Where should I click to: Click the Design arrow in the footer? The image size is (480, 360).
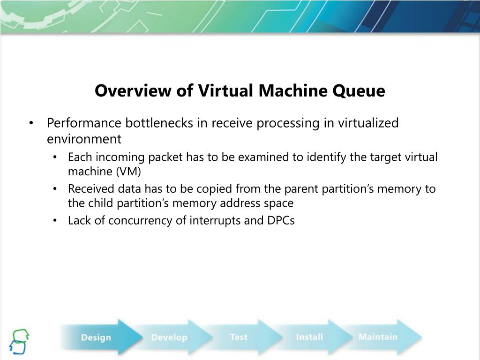(96, 337)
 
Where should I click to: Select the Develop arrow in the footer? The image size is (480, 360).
(169, 337)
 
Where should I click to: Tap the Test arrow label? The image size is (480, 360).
(239, 337)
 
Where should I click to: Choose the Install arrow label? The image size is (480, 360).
(309, 337)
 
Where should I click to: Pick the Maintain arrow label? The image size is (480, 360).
(377, 337)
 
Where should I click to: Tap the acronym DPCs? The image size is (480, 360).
(281, 220)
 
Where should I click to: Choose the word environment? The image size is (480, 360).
(84, 139)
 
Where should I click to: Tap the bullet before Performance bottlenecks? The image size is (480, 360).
(31, 124)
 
